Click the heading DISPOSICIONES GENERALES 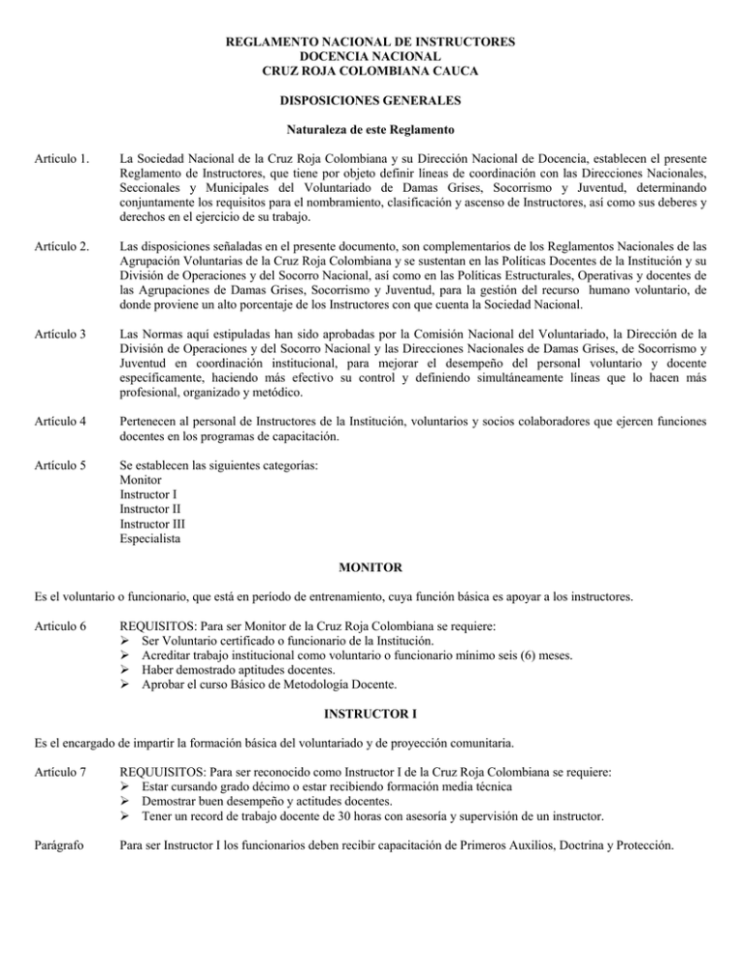(370, 99)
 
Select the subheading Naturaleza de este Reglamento (370, 128)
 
